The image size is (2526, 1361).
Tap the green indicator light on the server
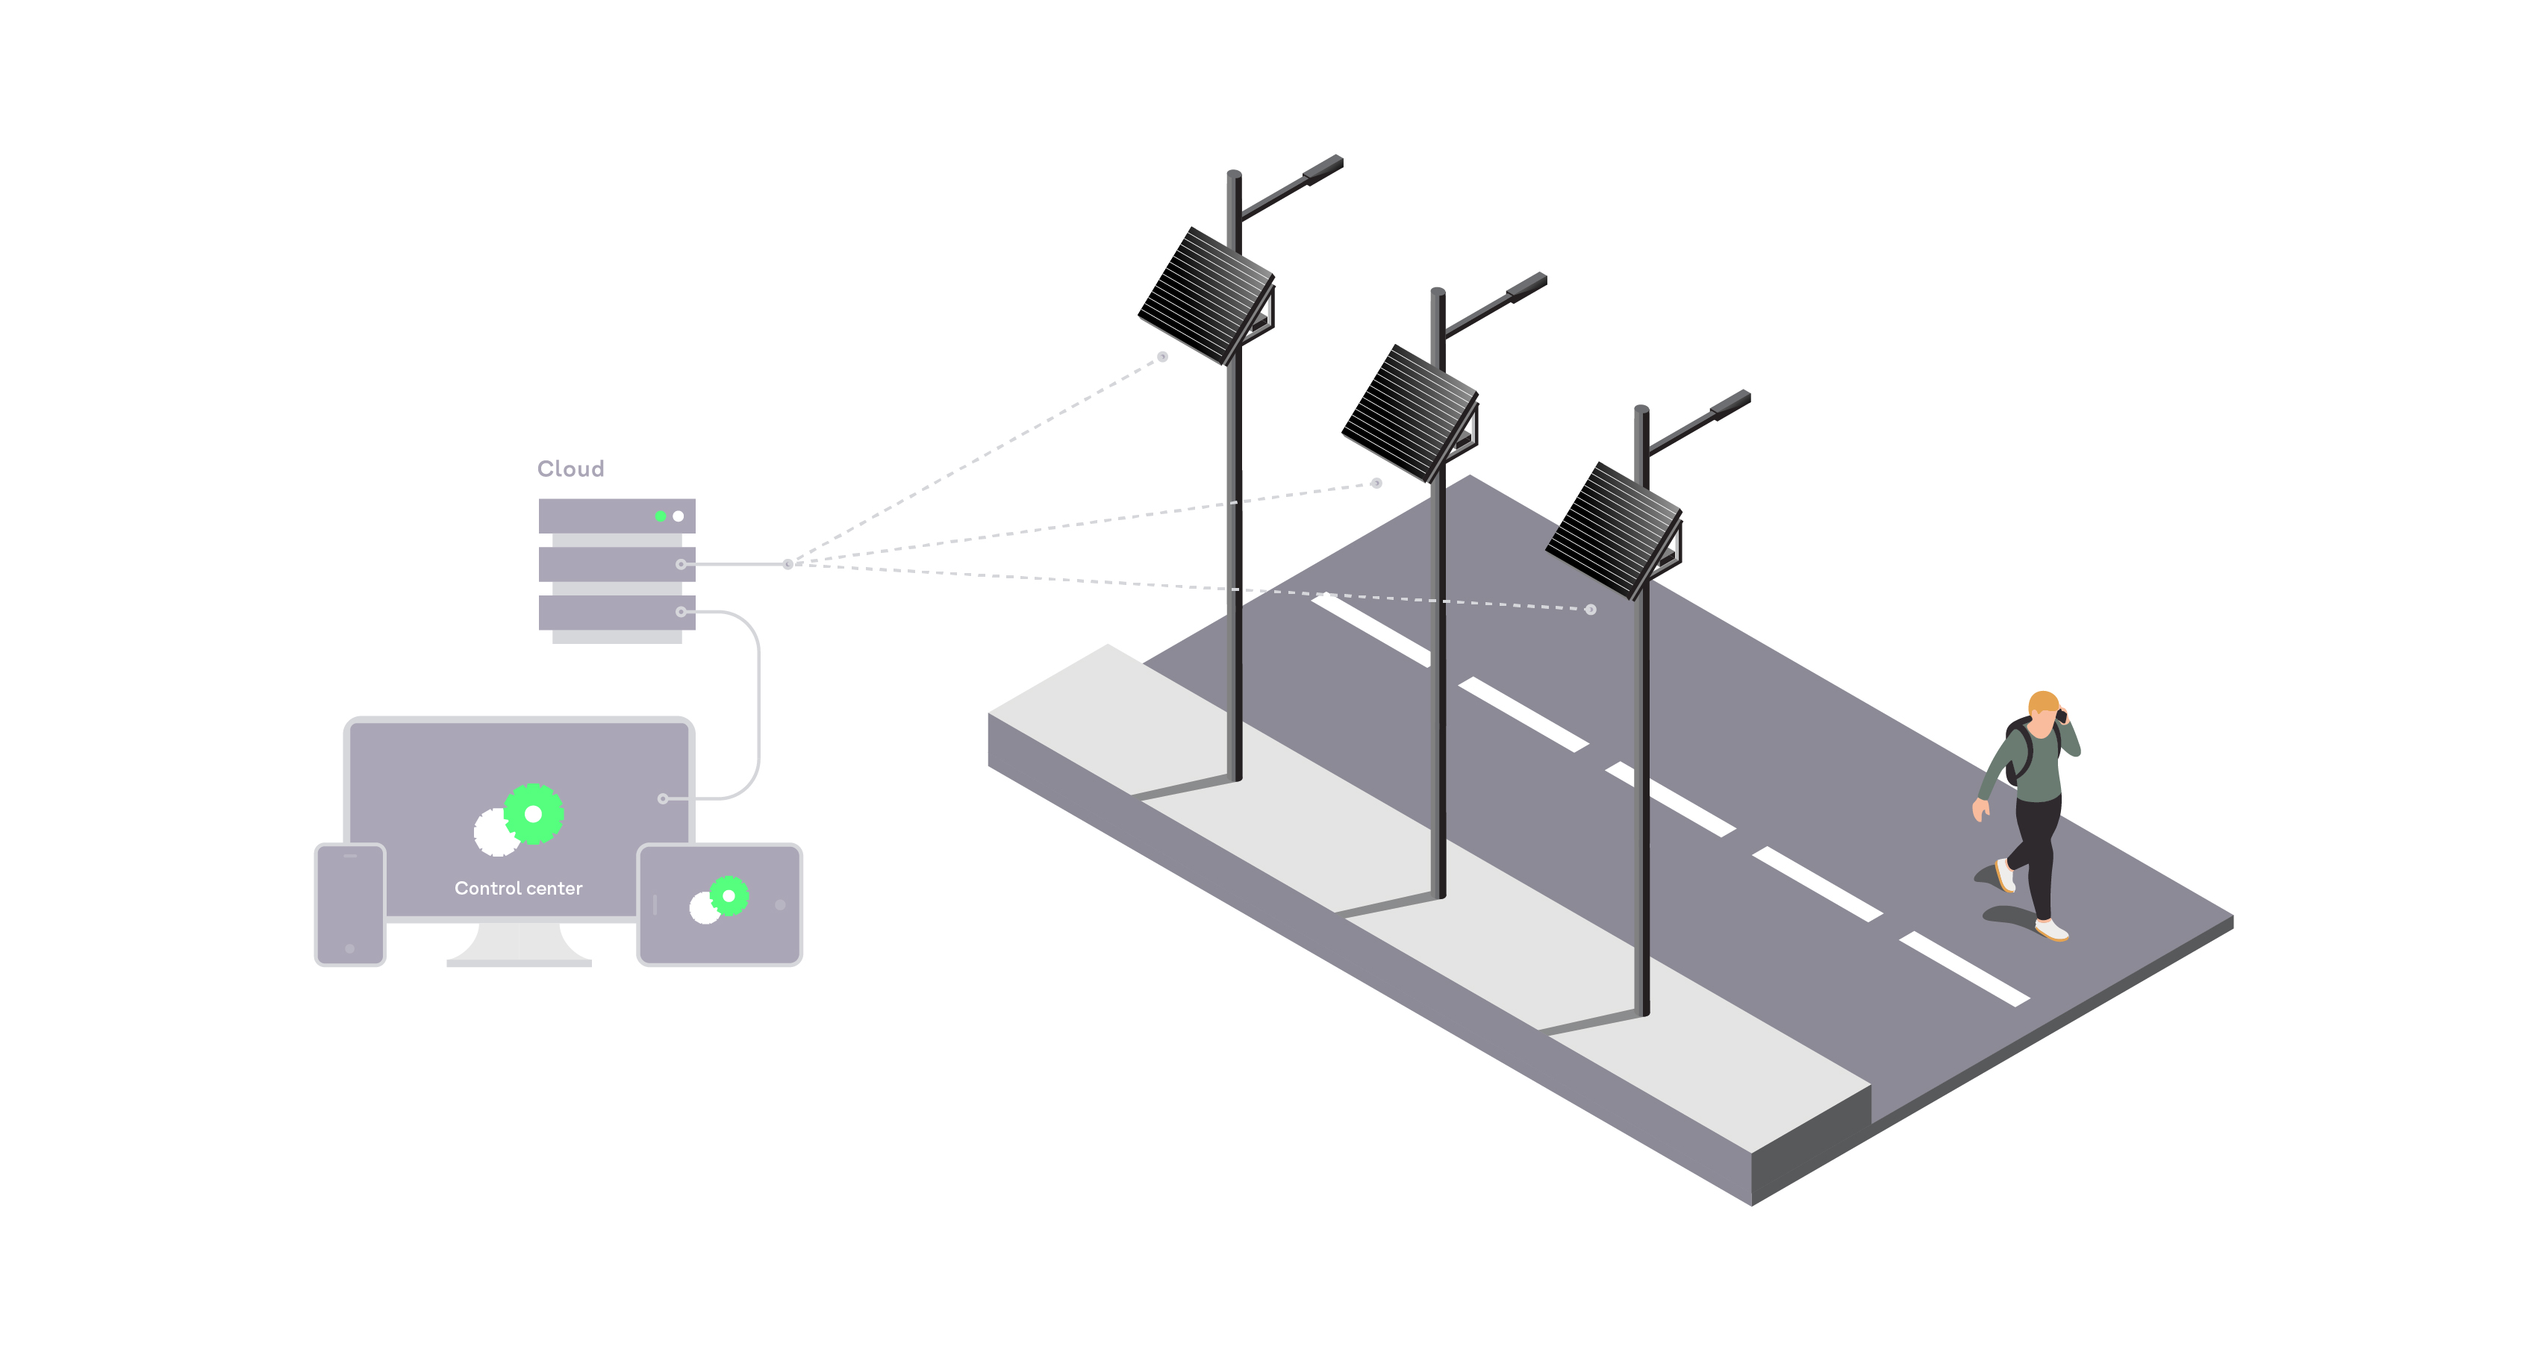(x=660, y=516)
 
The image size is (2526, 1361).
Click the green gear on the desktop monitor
(x=534, y=814)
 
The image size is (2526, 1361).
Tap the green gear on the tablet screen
(x=729, y=895)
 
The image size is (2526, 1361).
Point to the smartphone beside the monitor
(x=350, y=904)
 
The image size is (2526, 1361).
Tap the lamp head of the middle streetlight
(x=1526, y=287)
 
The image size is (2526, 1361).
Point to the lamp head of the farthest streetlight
(x=1323, y=169)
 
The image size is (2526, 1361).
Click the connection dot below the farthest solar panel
(x=1162, y=357)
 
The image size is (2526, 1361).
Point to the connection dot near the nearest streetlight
(x=1591, y=610)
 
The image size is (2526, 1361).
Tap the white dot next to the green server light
(x=678, y=516)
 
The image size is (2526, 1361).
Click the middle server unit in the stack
(x=616, y=564)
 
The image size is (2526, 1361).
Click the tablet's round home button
(x=781, y=905)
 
